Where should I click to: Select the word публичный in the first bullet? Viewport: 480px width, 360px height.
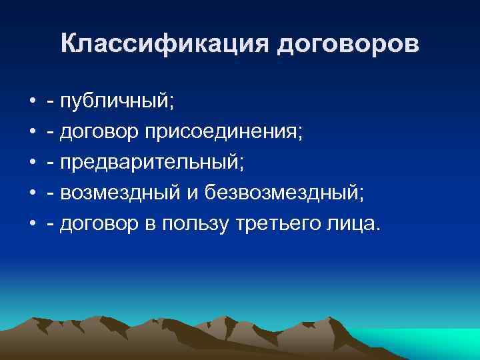pos(115,102)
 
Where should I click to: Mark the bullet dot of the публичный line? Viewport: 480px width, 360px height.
pos(32,103)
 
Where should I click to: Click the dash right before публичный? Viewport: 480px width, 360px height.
pos(51,103)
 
